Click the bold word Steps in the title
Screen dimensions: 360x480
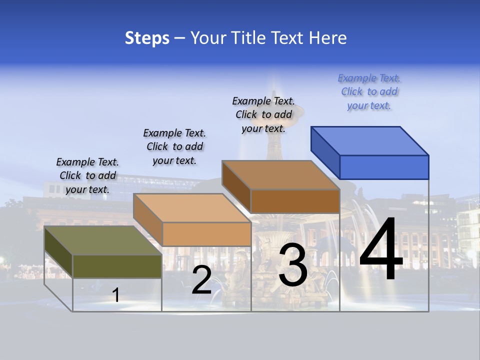coord(147,38)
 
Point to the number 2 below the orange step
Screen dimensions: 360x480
coord(201,280)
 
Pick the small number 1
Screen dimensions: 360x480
coord(115,295)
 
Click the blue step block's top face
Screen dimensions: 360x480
coord(369,140)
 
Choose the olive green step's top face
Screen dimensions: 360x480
coord(102,240)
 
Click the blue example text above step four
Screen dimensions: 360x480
coord(369,92)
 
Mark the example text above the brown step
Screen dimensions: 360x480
coord(263,115)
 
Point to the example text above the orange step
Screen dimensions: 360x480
coord(174,146)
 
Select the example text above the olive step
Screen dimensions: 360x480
coord(87,175)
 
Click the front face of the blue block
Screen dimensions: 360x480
coord(384,167)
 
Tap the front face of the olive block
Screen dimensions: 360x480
coord(117,266)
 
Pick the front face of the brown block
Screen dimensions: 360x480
coord(295,201)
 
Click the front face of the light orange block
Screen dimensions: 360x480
coord(206,234)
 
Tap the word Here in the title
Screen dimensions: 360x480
coord(328,38)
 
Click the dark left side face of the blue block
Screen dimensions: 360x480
coord(325,150)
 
